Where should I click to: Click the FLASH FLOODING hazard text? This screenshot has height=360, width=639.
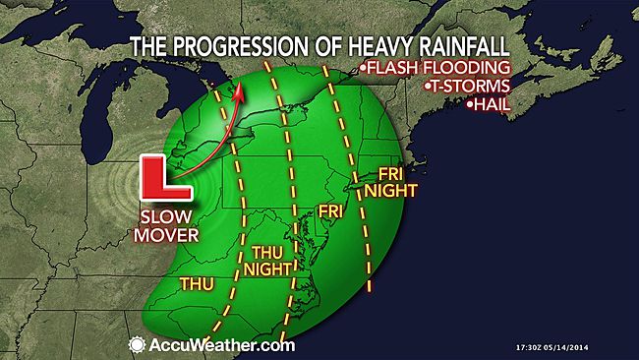438,68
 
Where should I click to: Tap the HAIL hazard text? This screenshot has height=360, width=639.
493,103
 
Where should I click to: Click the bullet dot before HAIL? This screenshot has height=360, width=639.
470,104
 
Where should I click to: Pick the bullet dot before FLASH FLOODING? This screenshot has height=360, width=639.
363,69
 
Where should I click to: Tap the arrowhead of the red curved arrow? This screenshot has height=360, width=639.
237,91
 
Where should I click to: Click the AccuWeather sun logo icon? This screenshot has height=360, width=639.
137,344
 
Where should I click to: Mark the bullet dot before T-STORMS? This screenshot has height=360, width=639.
428,87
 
